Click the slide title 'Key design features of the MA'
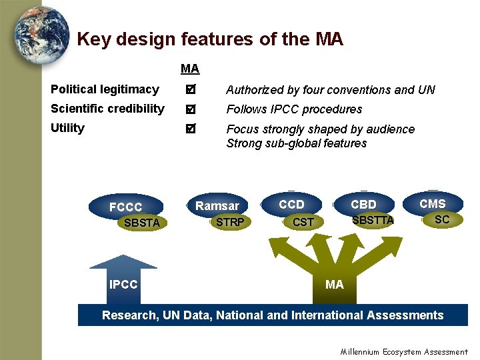pos(210,39)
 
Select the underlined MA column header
pos(190,69)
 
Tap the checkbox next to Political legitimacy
pos(191,89)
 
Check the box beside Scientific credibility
pos(191,109)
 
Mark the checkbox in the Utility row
pos(191,128)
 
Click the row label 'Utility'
pos(67,128)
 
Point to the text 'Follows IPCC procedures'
pos(294,109)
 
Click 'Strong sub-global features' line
pos(297,143)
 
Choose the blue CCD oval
pos(291,204)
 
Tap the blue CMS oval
pos(433,203)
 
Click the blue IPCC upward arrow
pos(123,280)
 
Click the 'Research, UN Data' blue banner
pos(273,315)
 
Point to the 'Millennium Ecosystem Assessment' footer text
pos(404,352)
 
